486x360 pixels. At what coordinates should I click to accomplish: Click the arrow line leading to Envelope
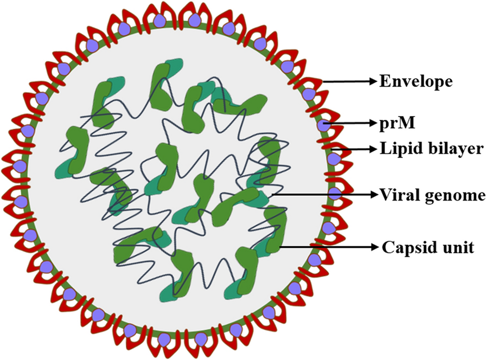347,81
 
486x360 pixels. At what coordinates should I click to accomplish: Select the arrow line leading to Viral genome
320,194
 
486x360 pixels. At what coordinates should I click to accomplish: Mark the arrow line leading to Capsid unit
325,247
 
